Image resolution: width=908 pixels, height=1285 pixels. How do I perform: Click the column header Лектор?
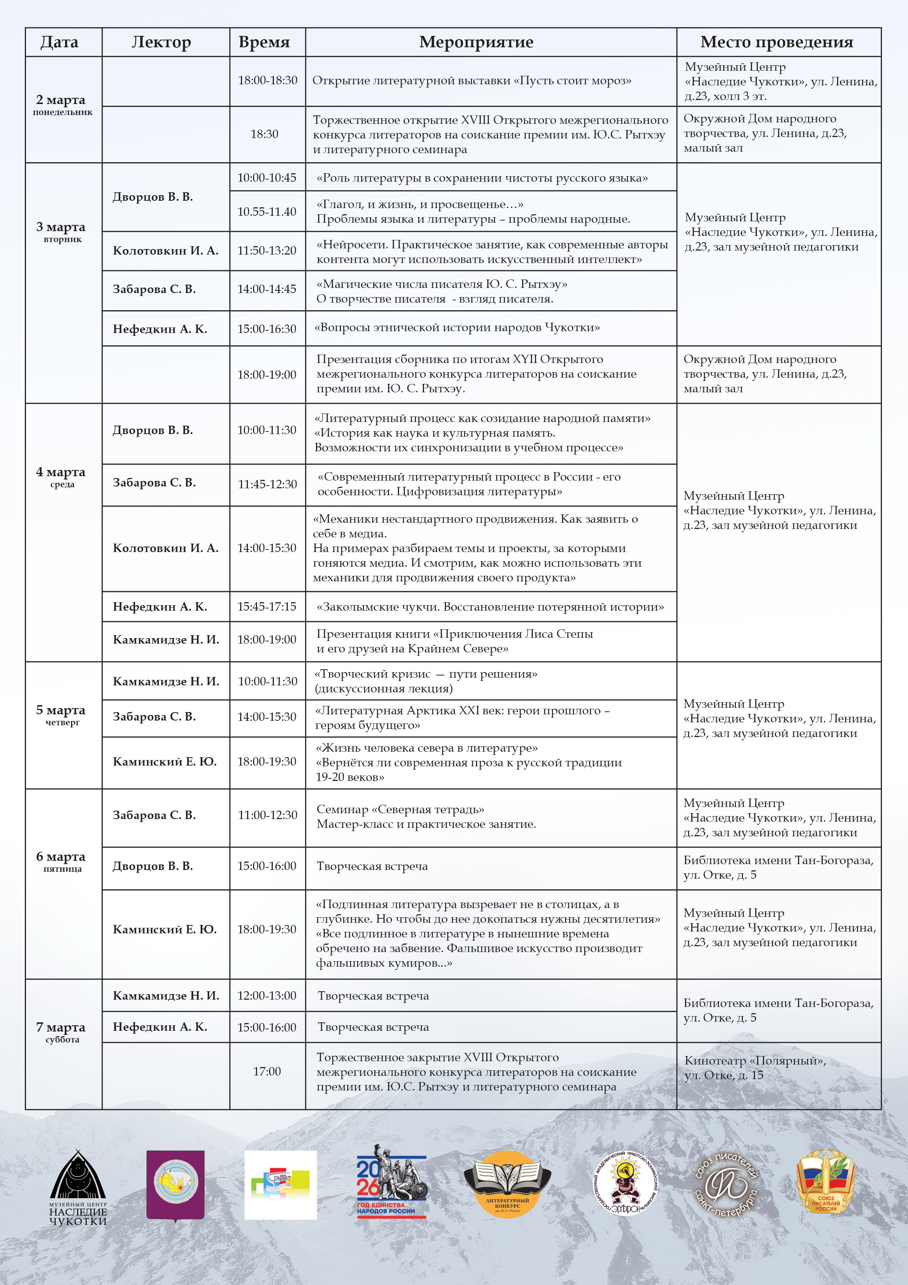161,42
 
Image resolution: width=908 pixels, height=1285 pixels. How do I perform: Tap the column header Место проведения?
777,42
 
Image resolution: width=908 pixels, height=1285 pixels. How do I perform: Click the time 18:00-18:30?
267,80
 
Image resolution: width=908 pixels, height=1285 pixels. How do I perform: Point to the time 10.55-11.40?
267,212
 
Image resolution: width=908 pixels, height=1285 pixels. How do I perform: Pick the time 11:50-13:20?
267,251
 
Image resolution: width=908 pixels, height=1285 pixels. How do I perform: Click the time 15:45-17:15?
267,607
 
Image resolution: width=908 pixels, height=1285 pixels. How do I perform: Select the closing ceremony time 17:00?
267,1071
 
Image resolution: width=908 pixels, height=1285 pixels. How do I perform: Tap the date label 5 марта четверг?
62,715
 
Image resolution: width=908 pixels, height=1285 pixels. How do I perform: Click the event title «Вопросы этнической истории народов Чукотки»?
457,327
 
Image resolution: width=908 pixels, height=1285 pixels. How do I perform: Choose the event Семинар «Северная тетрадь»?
401,809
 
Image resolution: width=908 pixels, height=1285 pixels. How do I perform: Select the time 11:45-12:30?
267,484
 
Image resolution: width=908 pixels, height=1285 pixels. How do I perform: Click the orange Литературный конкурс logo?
507,1182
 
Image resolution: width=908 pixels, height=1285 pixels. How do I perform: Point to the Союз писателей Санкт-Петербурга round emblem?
726,1184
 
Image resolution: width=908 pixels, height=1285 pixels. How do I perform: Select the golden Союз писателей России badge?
826,1181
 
